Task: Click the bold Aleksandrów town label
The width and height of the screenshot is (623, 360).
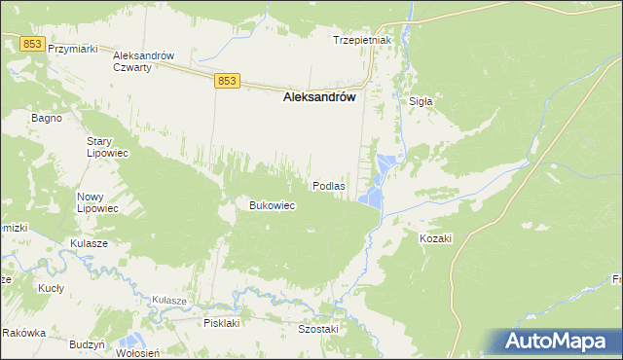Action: (x=318, y=97)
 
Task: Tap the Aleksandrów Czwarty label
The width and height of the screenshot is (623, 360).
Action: (x=143, y=62)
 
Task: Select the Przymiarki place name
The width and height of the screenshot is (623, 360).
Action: (x=75, y=49)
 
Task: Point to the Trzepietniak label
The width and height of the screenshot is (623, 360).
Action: (x=361, y=40)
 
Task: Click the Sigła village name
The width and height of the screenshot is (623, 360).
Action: (x=421, y=100)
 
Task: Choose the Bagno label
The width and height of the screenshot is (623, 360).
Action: (x=47, y=118)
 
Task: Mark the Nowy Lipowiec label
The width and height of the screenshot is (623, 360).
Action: (x=97, y=202)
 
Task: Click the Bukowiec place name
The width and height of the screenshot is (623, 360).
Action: (x=273, y=205)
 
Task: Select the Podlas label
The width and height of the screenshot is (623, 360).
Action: (x=328, y=185)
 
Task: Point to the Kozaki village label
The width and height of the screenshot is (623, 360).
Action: (x=436, y=238)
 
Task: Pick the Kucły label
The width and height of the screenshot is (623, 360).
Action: (x=51, y=289)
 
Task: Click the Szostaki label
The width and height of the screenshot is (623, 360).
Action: (x=317, y=329)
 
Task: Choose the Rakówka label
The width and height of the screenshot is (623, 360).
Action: (x=24, y=333)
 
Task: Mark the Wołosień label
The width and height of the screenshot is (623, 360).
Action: (x=136, y=354)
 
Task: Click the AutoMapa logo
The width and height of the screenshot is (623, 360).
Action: (x=557, y=341)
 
